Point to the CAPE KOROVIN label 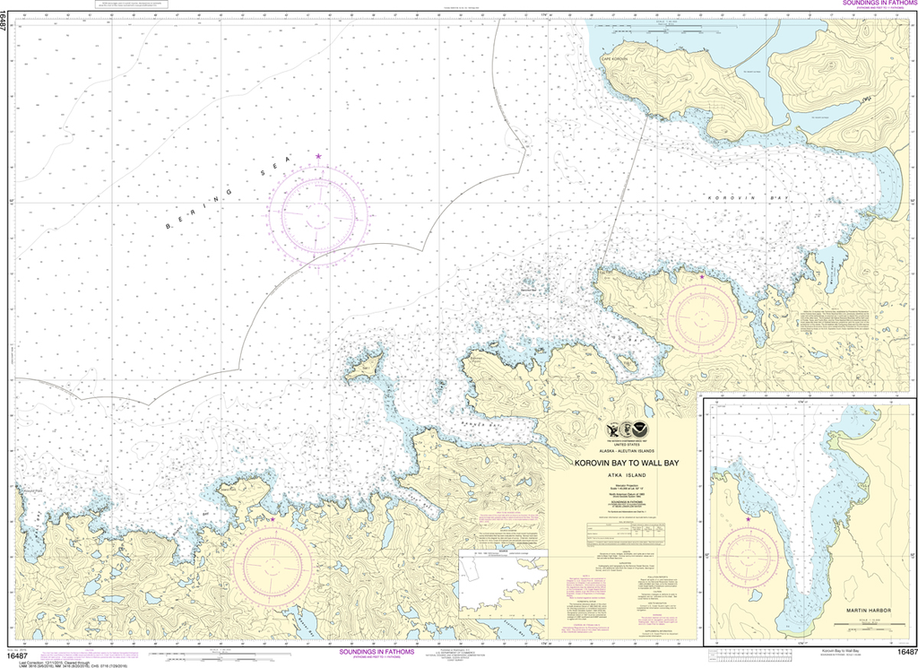click(628, 58)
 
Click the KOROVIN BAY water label click(732, 197)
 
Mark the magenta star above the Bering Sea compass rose click(318, 157)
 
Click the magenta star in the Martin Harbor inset click(748, 519)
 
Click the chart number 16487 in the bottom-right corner click(905, 652)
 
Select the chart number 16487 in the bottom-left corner click(9, 653)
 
